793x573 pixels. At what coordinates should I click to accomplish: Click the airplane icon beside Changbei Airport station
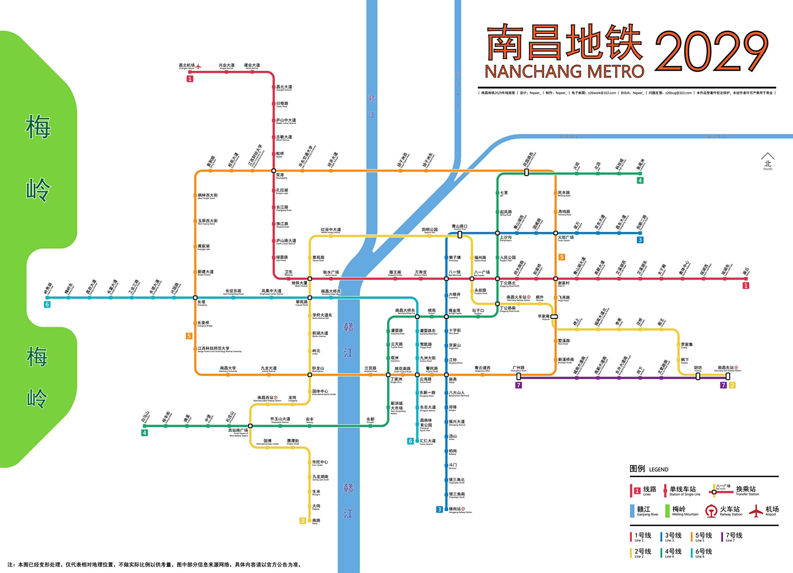198,67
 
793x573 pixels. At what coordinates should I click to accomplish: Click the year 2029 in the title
711,51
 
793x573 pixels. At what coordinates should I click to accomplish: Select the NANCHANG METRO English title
564,72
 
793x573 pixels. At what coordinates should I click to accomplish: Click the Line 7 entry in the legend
732,536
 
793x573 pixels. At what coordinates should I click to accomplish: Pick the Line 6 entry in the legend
701,552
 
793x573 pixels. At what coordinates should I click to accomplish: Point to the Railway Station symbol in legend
711,511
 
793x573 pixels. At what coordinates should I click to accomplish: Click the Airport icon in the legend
756,511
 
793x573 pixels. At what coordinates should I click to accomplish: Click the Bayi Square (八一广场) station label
482,273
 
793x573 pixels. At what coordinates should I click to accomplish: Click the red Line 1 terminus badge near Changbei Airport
190,79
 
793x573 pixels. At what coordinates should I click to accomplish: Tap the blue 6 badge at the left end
47,304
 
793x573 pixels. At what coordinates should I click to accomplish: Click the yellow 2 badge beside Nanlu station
303,521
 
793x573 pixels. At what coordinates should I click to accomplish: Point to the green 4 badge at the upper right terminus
640,180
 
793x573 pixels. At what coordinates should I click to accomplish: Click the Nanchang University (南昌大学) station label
228,369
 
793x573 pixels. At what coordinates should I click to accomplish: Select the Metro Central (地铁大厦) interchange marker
310,279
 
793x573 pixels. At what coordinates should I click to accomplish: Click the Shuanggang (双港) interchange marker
274,171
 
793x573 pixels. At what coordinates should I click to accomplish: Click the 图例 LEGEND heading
649,469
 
